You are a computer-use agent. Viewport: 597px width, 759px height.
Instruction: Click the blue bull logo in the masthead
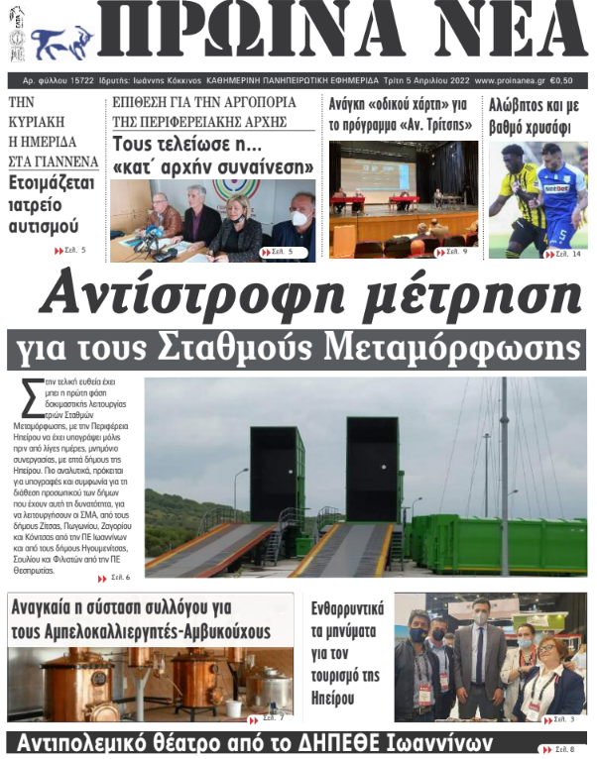(62, 43)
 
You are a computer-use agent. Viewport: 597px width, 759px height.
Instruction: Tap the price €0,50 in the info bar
(568, 81)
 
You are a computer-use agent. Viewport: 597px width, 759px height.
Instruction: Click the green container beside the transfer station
(496, 543)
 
